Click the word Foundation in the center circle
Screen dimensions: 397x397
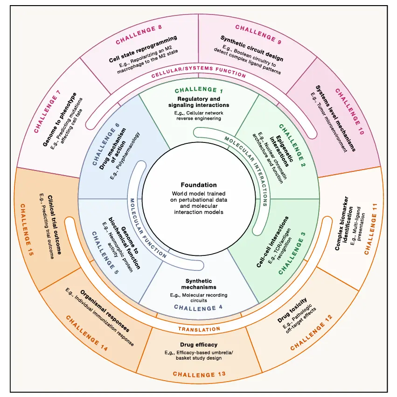(199, 185)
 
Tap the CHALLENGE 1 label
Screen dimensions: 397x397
(199, 90)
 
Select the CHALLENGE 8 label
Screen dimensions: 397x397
(139, 35)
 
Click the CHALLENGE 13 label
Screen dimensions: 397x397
(199, 375)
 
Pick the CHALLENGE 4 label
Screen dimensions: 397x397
(198, 308)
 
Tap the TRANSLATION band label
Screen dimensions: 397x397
(199, 329)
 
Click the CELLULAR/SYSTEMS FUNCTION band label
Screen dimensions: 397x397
(199, 72)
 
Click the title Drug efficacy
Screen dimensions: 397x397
(199, 345)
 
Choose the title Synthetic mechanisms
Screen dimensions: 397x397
(199, 284)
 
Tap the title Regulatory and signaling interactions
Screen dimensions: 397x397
(199, 102)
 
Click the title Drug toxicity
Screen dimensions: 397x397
(292, 310)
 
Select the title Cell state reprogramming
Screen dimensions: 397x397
(143, 49)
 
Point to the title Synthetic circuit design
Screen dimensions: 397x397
(251, 48)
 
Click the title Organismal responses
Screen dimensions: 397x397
(105, 311)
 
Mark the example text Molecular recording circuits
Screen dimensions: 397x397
(199, 298)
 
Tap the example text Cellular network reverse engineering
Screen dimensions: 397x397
(199, 116)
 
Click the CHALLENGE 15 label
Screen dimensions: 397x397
(27, 230)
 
